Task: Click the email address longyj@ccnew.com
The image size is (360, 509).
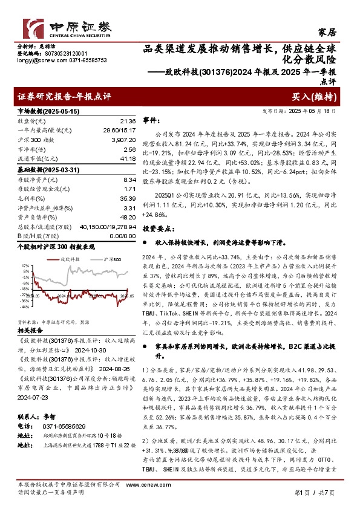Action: coord(37,60)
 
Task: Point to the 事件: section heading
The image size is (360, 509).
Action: coord(152,121)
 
